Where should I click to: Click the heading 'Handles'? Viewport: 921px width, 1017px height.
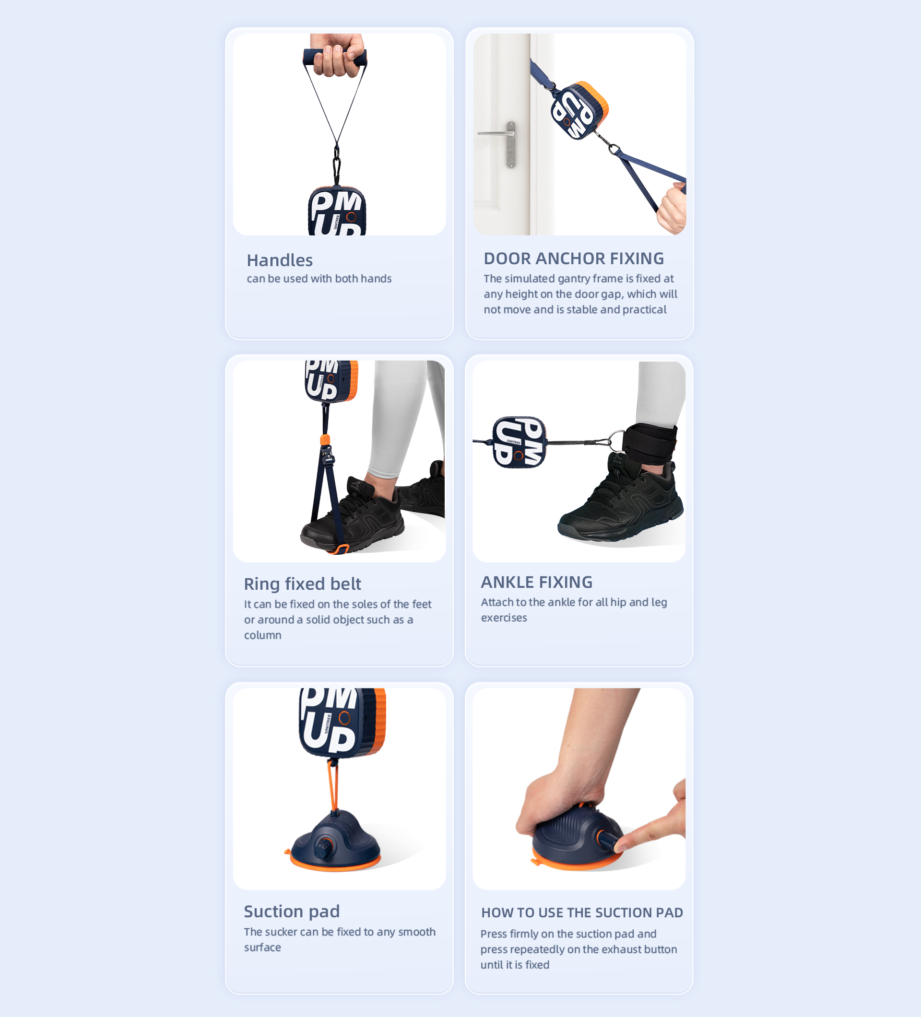280,260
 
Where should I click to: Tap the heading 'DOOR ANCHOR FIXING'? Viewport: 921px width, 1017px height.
574,258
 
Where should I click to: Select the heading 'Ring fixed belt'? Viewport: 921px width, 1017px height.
302,584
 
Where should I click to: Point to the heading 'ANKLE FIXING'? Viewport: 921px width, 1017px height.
536,582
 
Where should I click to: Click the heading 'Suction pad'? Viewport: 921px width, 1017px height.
292,912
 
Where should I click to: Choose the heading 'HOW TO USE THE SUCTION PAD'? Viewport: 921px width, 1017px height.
582,912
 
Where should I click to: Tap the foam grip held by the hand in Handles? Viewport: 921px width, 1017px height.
335,57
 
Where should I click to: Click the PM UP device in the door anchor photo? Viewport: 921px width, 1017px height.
579,110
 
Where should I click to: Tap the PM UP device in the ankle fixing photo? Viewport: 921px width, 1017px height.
520,443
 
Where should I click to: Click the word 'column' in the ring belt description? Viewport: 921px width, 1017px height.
262,635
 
